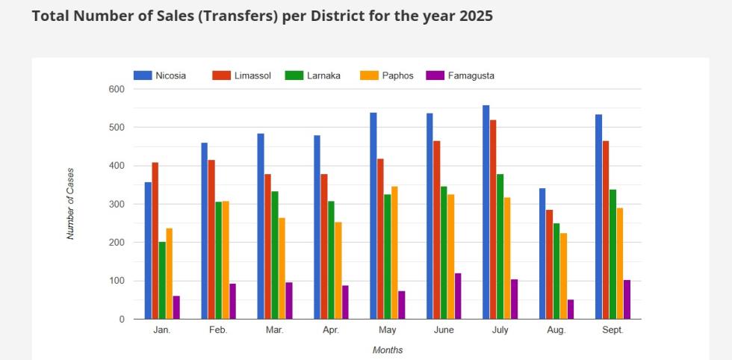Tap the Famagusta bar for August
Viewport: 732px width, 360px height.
tap(571, 309)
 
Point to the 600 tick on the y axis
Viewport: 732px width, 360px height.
tap(117, 89)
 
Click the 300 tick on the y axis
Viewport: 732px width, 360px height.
tap(117, 204)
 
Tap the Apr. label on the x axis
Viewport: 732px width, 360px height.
tap(331, 330)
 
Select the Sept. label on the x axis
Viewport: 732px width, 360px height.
tap(612, 330)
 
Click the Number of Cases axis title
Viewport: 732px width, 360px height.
tap(71, 203)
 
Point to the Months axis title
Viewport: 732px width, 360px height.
tap(387, 350)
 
